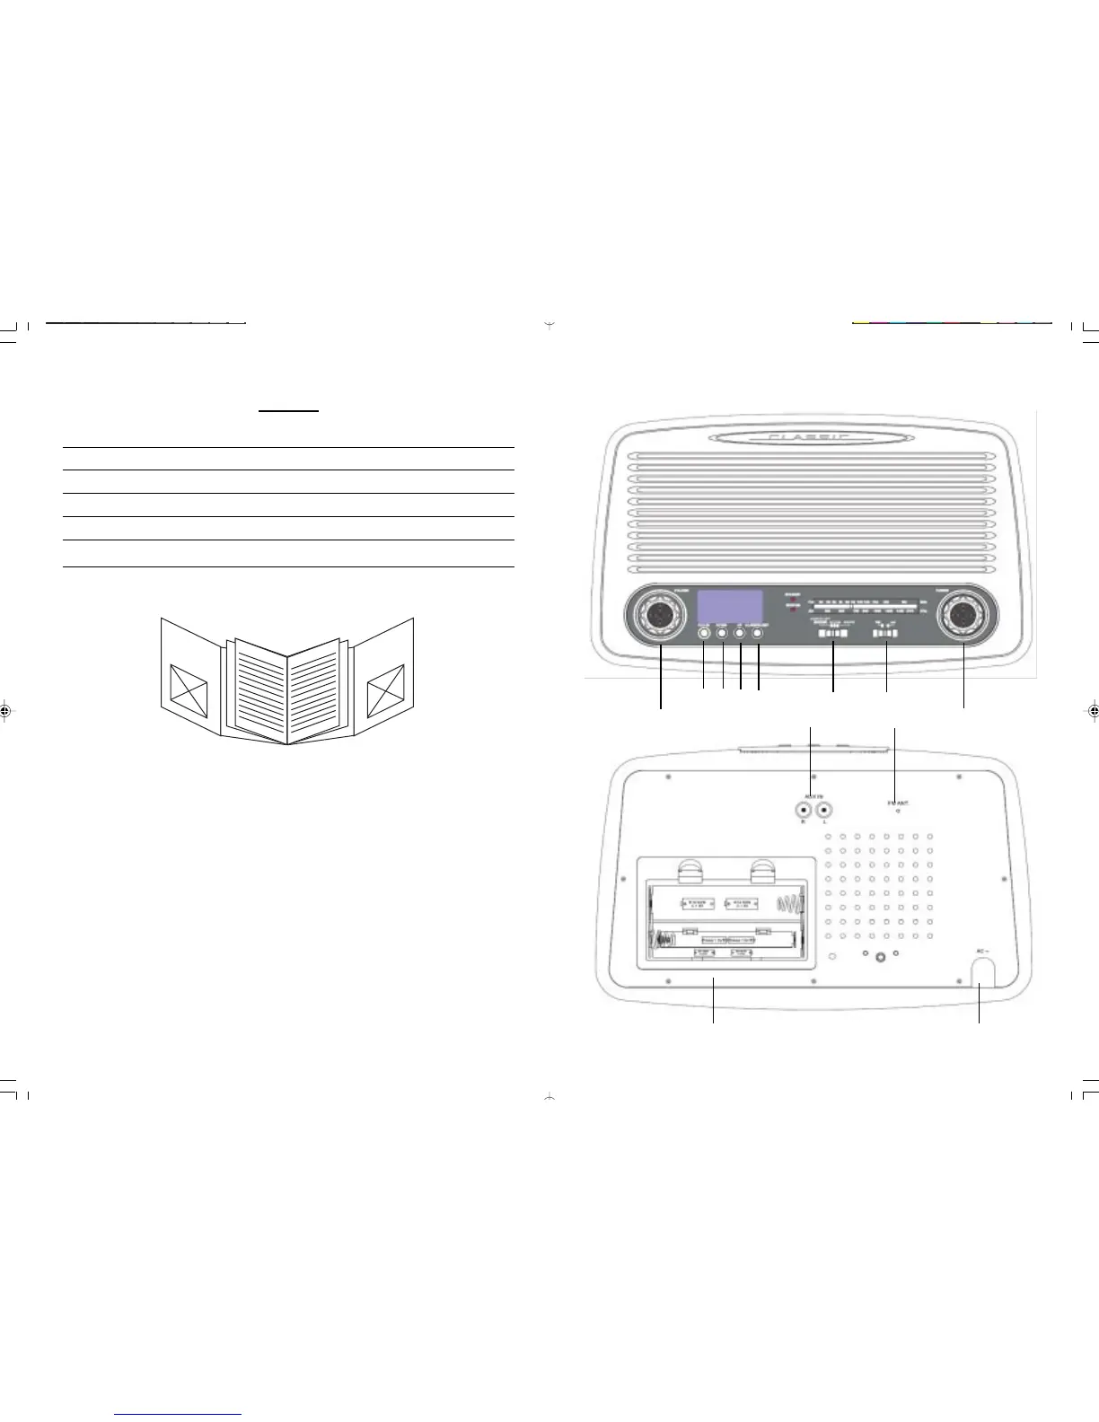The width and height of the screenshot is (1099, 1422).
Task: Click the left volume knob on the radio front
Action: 660,614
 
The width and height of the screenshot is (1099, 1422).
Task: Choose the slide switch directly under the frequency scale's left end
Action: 831,633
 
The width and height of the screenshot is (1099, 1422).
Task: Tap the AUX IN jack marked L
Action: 823,809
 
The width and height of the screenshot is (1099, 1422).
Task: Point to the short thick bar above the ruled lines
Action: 288,411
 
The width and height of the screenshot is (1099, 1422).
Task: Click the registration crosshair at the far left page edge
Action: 6,710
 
